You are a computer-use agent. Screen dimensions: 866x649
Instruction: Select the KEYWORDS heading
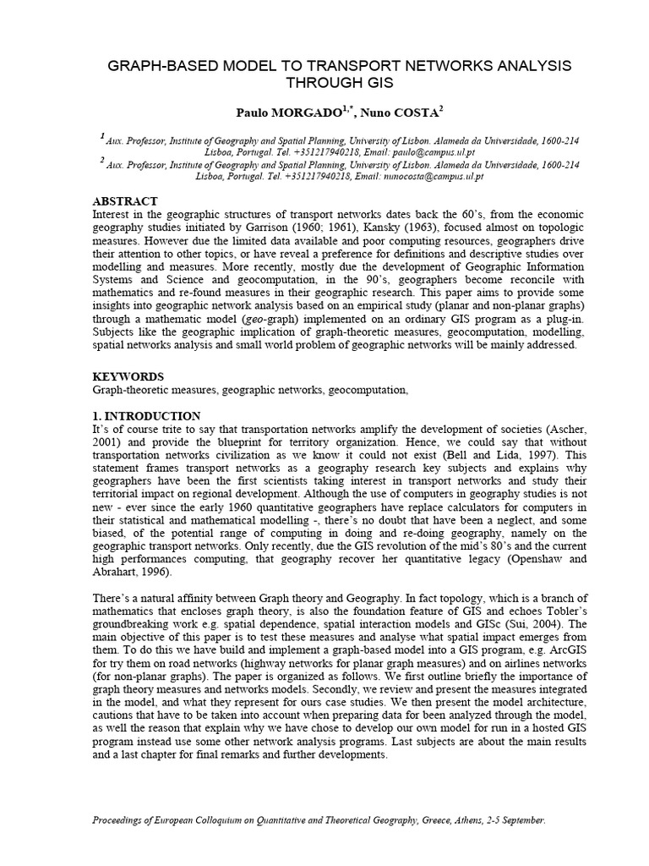point(128,375)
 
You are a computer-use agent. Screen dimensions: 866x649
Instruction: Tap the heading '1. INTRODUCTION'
point(146,416)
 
